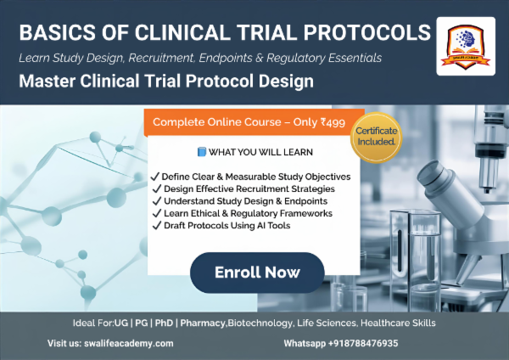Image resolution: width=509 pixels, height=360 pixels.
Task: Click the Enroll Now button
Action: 257,273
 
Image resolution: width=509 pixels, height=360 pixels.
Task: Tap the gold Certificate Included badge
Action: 375,138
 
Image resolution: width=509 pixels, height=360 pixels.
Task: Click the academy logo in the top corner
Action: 466,46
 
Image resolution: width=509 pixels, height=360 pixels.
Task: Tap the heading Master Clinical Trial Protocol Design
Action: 166,82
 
